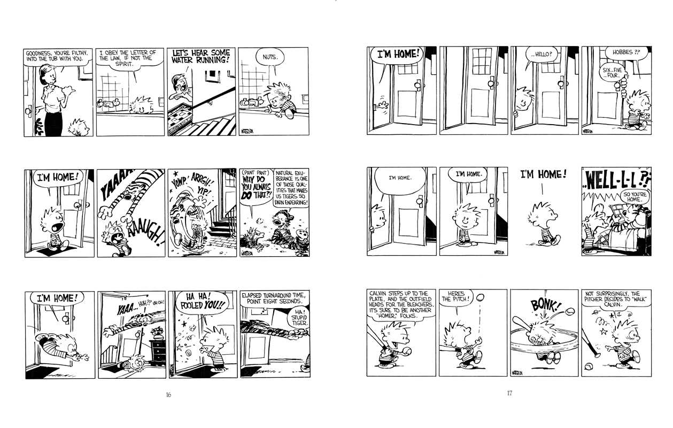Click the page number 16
pos(168,395)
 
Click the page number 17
pos(509,394)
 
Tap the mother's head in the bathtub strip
pos(52,77)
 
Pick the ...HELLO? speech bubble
pos(542,54)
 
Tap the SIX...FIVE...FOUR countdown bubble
pos(612,72)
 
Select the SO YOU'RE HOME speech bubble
pos(634,196)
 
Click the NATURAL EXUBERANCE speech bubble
pos(291,188)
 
